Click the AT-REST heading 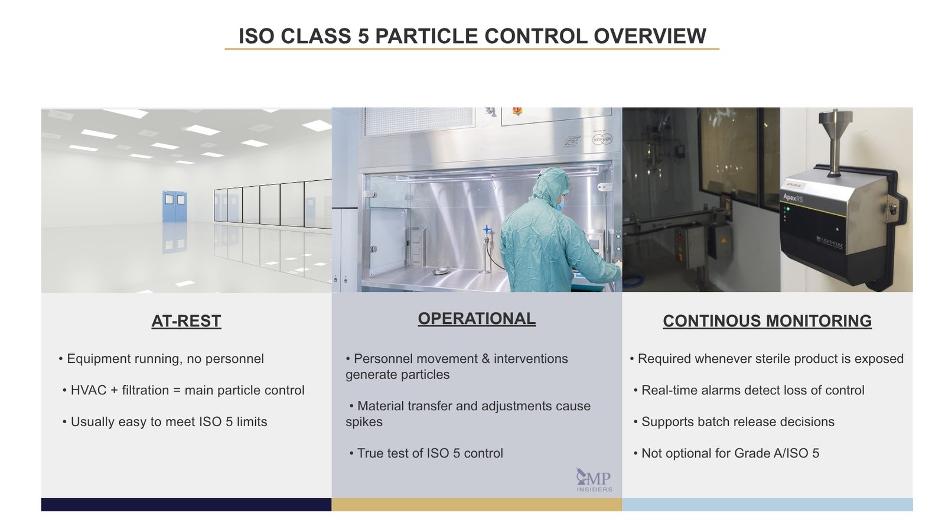186,321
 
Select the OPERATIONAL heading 477,319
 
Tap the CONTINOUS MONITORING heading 767,321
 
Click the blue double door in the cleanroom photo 174,206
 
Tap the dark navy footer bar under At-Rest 186,504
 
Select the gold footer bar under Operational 477,504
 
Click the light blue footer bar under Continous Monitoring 767,504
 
